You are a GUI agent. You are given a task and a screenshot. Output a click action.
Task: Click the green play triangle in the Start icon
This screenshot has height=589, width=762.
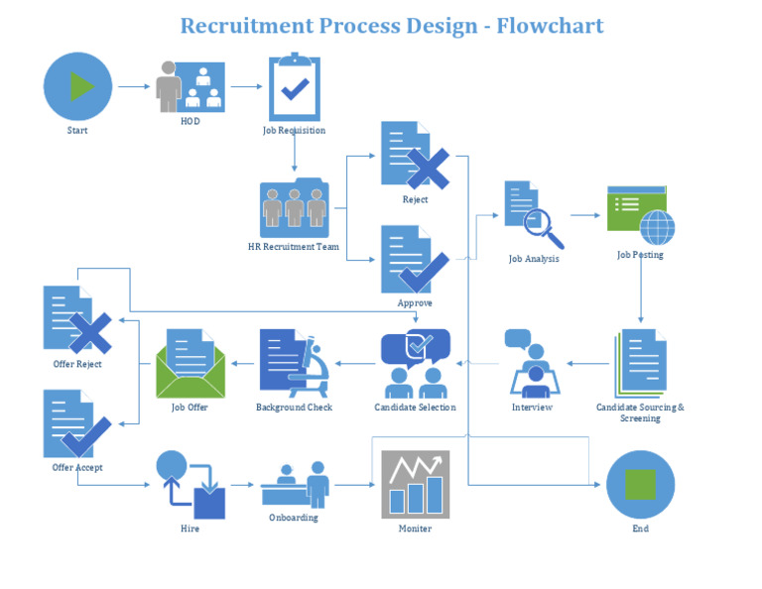click(80, 87)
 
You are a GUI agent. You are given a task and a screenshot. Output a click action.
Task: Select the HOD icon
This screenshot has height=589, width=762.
click(190, 87)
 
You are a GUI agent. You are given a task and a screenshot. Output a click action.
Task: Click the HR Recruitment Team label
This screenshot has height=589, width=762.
click(294, 246)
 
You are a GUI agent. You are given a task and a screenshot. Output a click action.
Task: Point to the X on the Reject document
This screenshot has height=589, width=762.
click(428, 170)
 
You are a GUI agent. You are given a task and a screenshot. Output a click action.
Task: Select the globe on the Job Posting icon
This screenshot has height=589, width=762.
click(656, 228)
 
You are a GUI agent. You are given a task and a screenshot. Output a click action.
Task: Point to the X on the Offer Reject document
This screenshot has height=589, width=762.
click(89, 332)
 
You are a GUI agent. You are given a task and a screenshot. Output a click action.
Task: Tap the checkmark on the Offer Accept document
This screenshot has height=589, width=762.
click(87, 437)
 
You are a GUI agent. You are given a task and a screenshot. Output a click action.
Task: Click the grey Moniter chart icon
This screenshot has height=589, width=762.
click(415, 485)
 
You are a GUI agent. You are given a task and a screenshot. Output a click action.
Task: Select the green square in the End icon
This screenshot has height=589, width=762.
click(640, 485)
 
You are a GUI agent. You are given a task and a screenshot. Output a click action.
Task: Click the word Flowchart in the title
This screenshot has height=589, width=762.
click(550, 25)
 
